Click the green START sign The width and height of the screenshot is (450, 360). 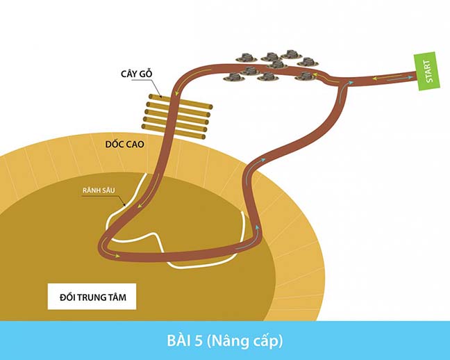(427, 71)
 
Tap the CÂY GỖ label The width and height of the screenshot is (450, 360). (137, 74)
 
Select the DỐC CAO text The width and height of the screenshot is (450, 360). (124, 144)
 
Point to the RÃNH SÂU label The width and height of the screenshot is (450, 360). (99, 190)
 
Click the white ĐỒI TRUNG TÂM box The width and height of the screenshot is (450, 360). (92, 297)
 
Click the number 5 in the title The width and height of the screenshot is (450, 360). (198, 341)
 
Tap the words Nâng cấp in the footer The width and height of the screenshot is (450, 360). (244, 341)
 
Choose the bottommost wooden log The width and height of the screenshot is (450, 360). (174, 131)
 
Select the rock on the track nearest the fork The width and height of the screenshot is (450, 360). (305, 76)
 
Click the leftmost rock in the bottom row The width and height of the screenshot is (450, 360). (234, 76)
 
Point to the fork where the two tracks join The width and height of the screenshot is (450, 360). (341, 81)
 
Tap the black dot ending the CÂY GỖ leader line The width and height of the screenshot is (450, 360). (161, 97)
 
